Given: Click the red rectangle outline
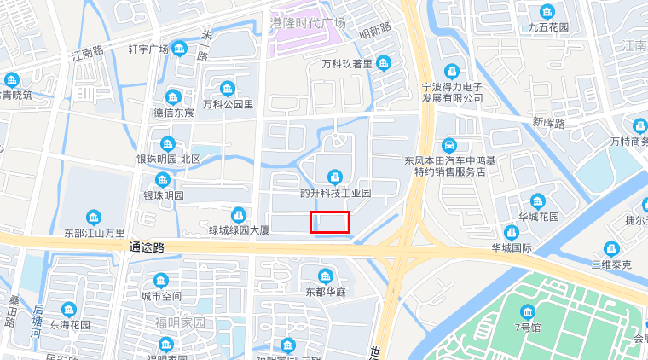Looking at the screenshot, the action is point(329,222).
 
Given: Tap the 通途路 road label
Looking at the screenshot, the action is point(146,247).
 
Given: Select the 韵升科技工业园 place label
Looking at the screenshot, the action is point(336,193).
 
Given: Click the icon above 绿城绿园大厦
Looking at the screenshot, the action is point(240,214).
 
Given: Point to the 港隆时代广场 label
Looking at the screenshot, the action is point(308,22).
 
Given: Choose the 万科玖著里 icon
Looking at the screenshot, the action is point(384,63).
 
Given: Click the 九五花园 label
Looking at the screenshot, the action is point(548,27).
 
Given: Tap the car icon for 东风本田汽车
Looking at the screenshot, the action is point(449,145).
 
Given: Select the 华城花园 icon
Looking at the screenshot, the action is point(538,201).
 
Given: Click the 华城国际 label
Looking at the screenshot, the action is point(511,248).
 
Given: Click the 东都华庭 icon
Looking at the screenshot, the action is point(325,276).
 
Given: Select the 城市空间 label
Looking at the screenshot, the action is point(161,296).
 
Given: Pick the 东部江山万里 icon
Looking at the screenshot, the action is point(94,217).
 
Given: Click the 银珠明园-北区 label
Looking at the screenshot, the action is point(168,160).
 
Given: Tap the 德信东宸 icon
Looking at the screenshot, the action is point(173,96).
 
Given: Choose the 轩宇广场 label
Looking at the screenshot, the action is point(148,49).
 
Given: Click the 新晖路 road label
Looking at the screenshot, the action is point(549,123).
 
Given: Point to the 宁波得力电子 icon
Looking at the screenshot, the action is point(451,71).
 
